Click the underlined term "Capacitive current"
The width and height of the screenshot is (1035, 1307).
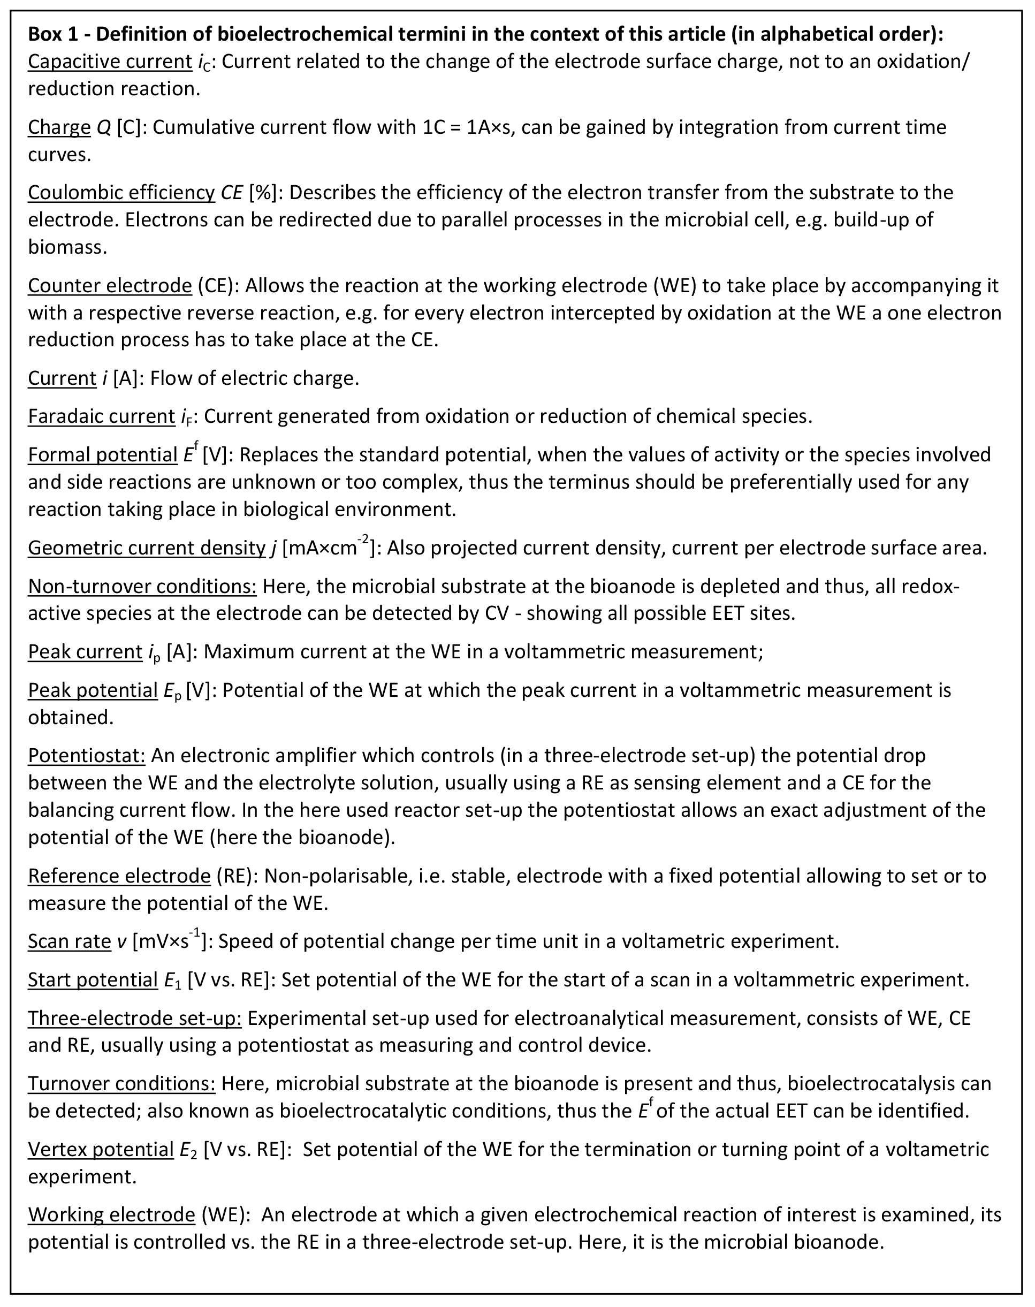point(110,62)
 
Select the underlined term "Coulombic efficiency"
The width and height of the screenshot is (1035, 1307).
point(121,192)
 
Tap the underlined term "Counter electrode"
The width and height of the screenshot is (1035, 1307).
point(110,285)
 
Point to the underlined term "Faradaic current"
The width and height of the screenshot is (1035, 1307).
point(101,416)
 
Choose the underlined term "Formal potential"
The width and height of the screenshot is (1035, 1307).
point(102,454)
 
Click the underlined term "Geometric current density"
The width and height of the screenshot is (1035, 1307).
point(147,548)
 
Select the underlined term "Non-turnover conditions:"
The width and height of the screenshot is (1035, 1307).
point(142,587)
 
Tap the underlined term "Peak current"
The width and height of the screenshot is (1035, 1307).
point(85,651)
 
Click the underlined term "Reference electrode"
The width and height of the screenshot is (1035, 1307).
point(119,876)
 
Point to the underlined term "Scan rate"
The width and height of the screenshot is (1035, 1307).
point(70,941)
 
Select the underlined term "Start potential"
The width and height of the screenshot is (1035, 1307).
point(93,980)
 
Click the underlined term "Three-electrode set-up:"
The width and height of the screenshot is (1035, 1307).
point(134,1018)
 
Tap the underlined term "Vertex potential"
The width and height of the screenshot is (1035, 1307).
point(101,1150)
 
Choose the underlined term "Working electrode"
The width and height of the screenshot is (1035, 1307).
point(111,1215)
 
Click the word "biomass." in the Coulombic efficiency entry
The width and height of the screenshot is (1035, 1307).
point(67,247)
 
